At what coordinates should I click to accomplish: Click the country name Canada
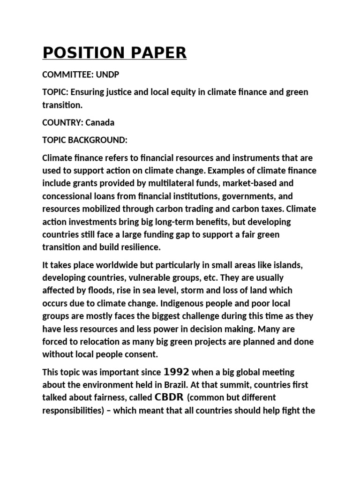tap(100, 122)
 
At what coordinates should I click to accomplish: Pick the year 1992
tap(176, 372)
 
